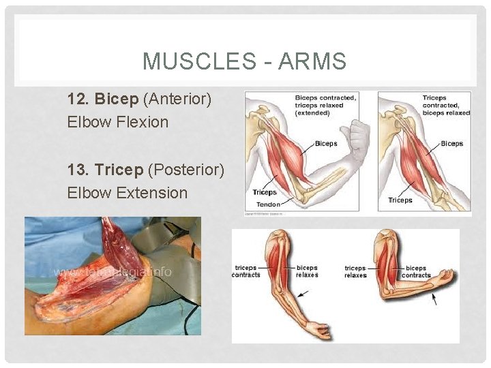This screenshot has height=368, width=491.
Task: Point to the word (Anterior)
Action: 177,99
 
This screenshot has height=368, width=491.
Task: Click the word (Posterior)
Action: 186,170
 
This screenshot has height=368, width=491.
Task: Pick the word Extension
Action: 152,193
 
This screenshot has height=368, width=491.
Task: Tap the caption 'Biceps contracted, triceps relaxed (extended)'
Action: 326,105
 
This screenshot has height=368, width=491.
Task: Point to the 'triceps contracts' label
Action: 247,271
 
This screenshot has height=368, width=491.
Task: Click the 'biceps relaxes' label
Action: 308,271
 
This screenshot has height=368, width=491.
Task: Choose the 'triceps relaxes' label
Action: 355,271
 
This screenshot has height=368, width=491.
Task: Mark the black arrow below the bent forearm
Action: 434,298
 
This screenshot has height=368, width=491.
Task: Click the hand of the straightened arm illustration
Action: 319,331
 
